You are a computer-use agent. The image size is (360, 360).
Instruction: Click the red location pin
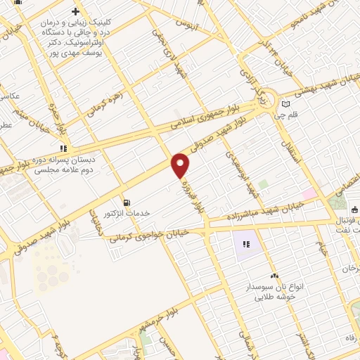click(181, 165)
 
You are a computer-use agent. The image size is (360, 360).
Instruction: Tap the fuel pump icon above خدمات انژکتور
click(126, 201)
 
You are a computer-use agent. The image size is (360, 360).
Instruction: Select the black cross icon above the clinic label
click(75, 12)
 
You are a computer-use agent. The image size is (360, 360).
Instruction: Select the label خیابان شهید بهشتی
click(324, 82)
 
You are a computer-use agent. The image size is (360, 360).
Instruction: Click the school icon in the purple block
click(246, 245)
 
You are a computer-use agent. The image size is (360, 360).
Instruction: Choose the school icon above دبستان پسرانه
click(64, 148)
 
